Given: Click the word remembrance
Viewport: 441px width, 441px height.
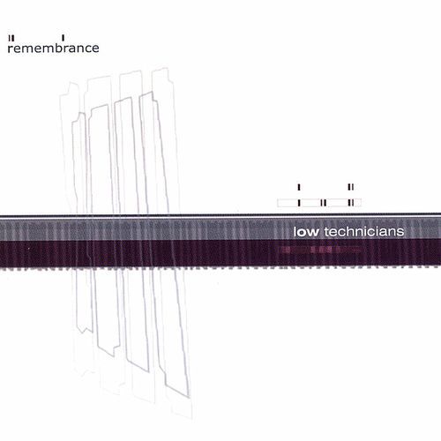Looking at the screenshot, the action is (53, 48).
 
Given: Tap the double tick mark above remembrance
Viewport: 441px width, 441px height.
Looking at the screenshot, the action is (11, 38).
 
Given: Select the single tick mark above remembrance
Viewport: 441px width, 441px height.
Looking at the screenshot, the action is (64, 38).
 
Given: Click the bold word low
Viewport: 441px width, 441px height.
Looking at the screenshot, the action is (306, 232).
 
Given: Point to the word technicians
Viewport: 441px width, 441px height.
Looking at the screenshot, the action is (364, 232).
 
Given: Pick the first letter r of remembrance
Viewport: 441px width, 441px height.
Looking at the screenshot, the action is (10, 49).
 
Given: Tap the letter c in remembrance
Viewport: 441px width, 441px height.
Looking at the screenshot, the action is (86, 49).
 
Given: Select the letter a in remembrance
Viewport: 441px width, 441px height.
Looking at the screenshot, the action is (71, 49).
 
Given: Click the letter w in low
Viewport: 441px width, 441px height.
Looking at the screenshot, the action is (313, 233).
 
